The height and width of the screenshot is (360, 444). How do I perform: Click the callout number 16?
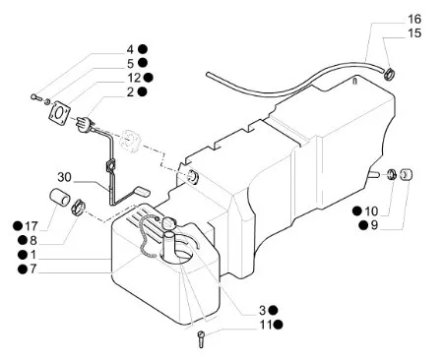tap(414, 19)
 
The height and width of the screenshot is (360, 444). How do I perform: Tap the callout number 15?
tap(414, 33)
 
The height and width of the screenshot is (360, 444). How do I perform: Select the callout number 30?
tap(64, 177)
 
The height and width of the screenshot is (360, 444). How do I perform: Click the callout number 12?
tap(134, 78)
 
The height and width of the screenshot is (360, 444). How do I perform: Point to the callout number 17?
tap(32, 226)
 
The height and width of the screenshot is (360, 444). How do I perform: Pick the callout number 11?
tap(266, 325)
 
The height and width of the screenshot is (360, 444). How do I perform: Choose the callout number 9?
tap(374, 225)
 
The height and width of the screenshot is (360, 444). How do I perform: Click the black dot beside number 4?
tap(143, 49)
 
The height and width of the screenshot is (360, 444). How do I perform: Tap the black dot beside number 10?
tap(357, 210)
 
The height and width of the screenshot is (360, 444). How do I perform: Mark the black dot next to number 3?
tap(273, 310)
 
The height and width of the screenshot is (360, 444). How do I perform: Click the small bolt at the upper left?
tap(35, 96)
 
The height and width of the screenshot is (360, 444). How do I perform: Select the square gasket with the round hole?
tap(60, 111)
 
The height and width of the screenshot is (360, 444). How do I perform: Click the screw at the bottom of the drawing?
tap(201, 339)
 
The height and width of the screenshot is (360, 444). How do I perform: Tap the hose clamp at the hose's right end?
tap(389, 74)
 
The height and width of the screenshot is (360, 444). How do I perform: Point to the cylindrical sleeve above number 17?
tap(60, 197)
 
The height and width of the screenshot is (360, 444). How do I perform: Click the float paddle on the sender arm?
tap(142, 192)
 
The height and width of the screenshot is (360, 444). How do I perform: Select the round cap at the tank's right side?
tap(407, 174)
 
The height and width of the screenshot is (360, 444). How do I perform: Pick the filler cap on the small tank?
tap(169, 223)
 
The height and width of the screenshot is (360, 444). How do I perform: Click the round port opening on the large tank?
tap(193, 177)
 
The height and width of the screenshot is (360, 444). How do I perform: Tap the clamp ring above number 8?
tap(78, 209)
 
